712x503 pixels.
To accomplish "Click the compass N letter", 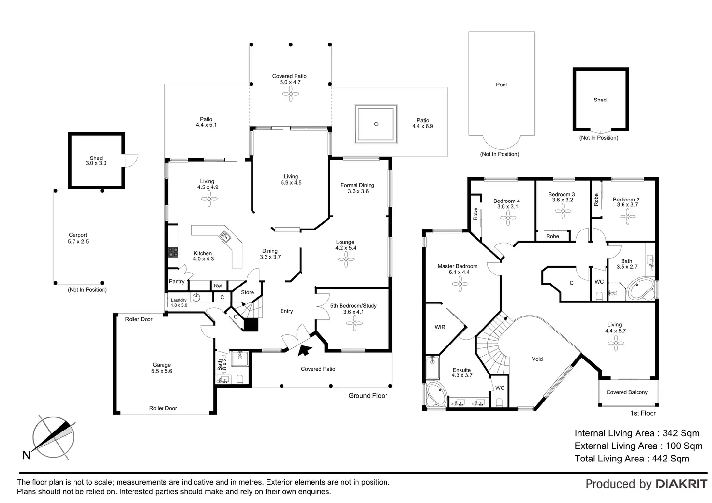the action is pyautogui.click(x=27, y=455).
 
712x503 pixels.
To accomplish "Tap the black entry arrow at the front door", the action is pyautogui.click(x=305, y=350).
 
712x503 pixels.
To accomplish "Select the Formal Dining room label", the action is pyautogui.click(x=357, y=185).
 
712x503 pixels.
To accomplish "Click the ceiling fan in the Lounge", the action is pyautogui.click(x=346, y=259).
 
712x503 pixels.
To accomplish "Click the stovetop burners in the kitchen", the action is pyautogui.click(x=173, y=252).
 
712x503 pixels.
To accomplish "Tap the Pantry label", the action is pyautogui.click(x=177, y=281).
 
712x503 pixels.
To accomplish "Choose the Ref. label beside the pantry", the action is pyautogui.click(x=219, y=286).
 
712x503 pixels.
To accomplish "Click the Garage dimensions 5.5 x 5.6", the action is pyautogui.click(x=162, y=371).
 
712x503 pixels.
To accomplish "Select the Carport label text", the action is pyautogui.click(x=78, y=235).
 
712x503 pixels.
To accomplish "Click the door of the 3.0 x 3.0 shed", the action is pyautogui.click(x=131, y=160).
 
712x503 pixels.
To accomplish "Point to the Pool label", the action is pyautogui.click(x=501, y=85).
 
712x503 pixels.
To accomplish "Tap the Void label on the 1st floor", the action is pyautogui.click(x=537, y=359).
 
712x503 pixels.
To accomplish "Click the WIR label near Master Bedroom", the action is pyautogui.click(x=440, y=327).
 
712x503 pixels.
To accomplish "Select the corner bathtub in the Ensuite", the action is pyautogui.click(x=436, y=395).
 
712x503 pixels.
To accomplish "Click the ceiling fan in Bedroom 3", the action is pyautogui.click(x=563, y=211).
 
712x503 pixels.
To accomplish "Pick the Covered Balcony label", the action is pyautogui.click(x=627, y=392).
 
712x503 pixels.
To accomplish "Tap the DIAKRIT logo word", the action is pyautogui.click(x=682, y=484).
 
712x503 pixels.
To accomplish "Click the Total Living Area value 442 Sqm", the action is pyautogui.click(x=670, y=459).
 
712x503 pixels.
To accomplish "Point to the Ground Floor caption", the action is pyautogui.click(x=368, y=396).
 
